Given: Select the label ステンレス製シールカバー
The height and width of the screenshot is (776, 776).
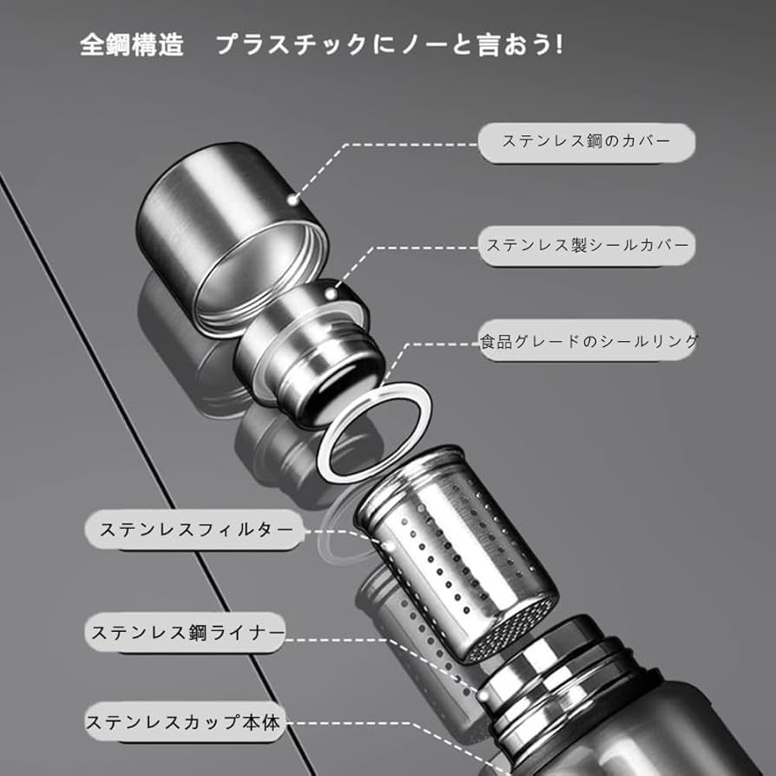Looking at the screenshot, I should [587, 246].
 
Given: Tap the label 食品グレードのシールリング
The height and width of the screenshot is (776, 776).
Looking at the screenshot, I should [589, 342].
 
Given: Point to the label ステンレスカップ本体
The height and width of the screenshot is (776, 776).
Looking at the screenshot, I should [185, 721].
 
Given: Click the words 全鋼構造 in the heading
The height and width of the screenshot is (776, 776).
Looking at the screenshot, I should [132, 45].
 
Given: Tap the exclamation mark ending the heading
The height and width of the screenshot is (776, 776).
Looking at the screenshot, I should [558, 45].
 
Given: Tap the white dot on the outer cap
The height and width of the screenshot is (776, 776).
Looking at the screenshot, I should [293, 199].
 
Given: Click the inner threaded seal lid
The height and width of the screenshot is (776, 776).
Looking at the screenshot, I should [312, 347].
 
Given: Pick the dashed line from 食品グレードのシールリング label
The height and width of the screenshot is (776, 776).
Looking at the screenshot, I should [434, 344].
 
